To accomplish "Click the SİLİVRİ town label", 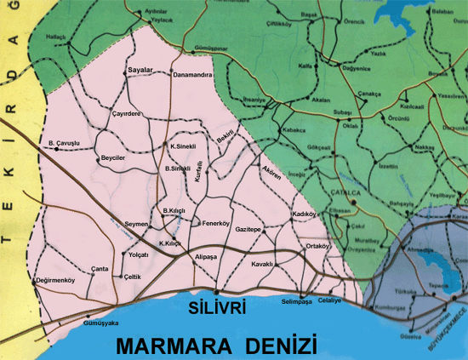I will (x=216, y=311).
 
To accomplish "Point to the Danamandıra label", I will (x=191, y=75).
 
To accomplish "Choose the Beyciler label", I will (x=114, y=158).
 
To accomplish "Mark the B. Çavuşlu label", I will (x=64, y=143).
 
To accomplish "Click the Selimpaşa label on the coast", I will (x=297, y=302).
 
